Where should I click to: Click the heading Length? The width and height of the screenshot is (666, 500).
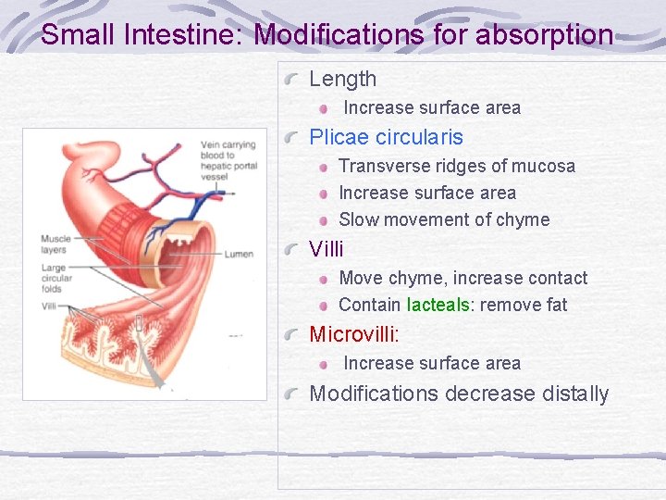(x=342, y=80)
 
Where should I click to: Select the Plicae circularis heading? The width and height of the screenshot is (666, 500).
(x=386, y=138)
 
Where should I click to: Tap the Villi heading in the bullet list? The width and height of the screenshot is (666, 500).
(x=326, y=249)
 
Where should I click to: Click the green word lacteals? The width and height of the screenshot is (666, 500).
(x=438, y=305)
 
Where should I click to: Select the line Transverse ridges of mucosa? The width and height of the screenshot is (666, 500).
(x=456, y=166)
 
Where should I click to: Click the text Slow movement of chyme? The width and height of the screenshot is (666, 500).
(x=444, y=219)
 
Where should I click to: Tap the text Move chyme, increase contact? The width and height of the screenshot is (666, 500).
(x=462, y=278)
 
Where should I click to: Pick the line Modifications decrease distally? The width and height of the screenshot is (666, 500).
(x=459, y=394)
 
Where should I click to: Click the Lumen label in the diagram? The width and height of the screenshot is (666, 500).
(x=239, y=254)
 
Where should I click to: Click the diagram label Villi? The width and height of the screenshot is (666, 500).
(x=48, y=306)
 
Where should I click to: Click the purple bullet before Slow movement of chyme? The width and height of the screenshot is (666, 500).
(x=324, y=220)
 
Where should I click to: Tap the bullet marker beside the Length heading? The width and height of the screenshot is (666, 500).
(x=292, y=81)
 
